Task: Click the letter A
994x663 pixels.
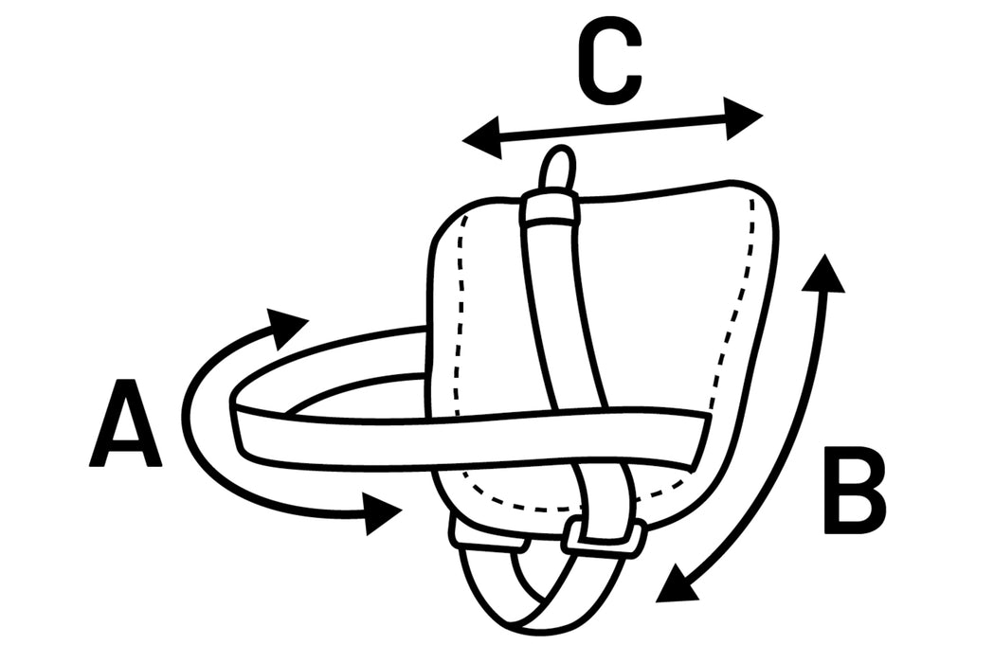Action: pos(125,423)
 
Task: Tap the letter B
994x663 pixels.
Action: pos(854,490)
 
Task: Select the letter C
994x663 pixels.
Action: pos(610,61)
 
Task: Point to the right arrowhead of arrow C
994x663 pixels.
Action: pos(744,117)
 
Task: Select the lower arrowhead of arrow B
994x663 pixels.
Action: pos(676,583)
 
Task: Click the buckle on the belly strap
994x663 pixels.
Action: pos(605,537)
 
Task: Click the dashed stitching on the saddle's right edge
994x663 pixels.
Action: pos(736,303)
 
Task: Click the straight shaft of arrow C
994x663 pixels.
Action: pos(613,128)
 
